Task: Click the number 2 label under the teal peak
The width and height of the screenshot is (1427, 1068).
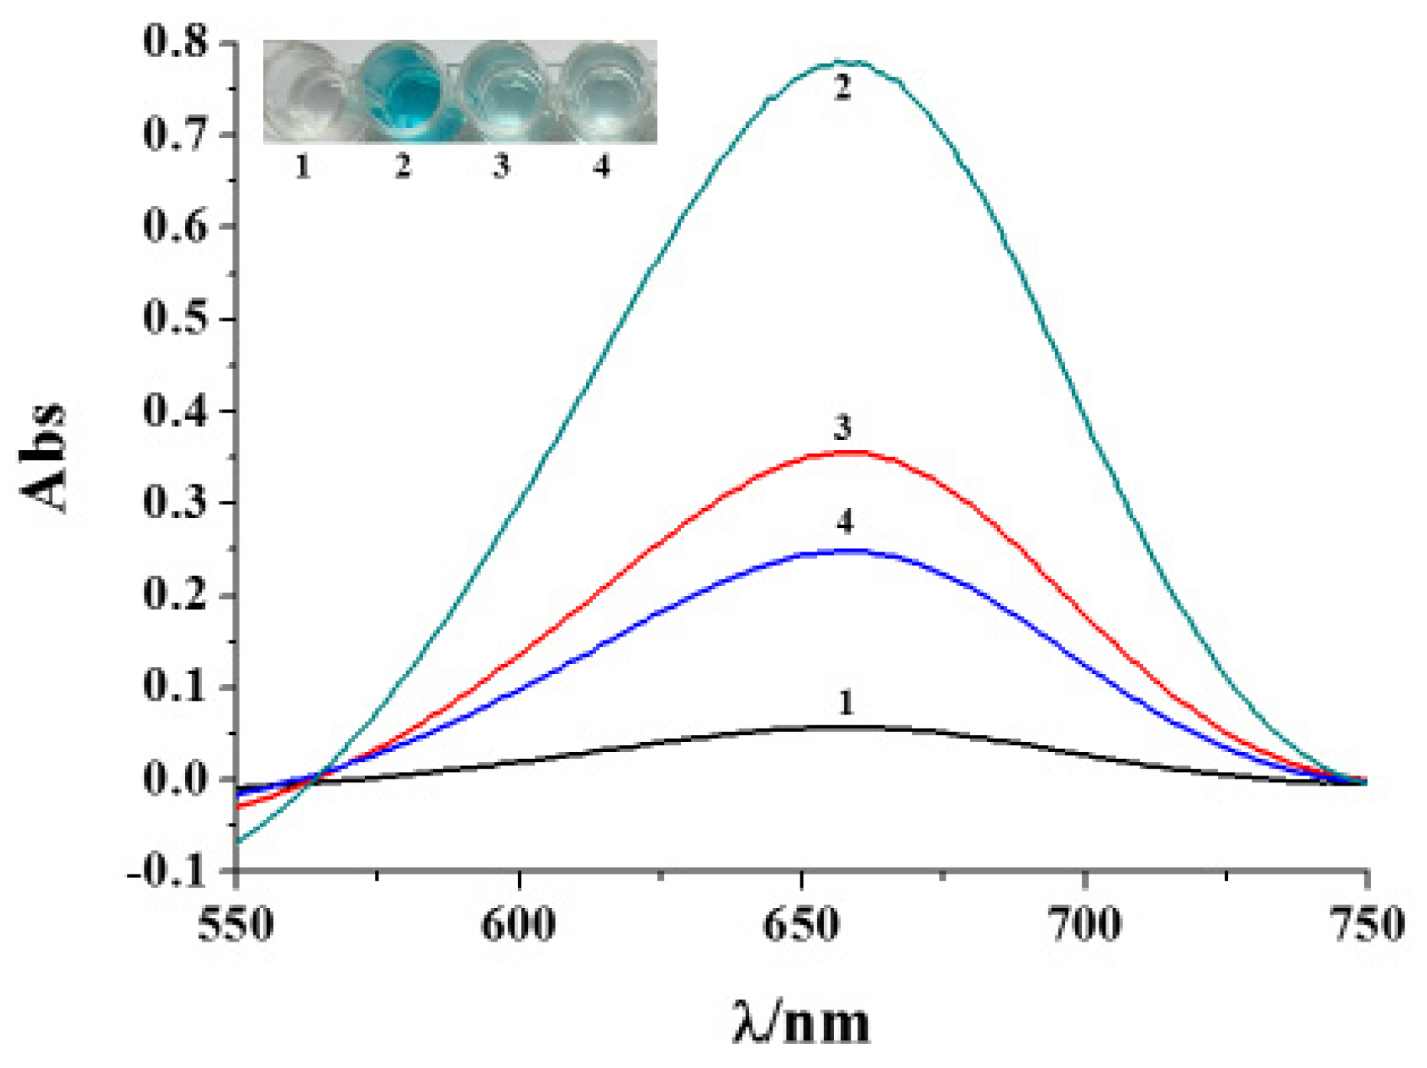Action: click(842, 87)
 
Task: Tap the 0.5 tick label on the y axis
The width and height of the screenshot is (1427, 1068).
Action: click(176, 318)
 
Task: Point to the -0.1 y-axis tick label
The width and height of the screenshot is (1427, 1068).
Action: click(166, 872)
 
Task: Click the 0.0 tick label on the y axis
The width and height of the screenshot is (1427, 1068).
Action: click(176, 779)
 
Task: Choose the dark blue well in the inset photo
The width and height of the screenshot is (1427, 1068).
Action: click(403, 92)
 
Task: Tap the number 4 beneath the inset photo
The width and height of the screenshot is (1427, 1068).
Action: click(601, 166)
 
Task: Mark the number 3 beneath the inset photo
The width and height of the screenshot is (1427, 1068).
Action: click(502, 166)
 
